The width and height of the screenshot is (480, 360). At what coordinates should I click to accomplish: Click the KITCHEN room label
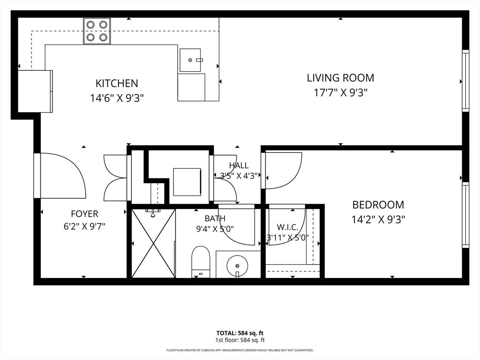(x=117, y=83)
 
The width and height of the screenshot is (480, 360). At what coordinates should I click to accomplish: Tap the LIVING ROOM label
(x=340, y=78)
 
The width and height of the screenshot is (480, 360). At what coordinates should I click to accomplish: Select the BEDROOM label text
(x=378, y=204)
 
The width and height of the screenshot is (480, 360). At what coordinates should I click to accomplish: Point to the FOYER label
(x=84, y=214)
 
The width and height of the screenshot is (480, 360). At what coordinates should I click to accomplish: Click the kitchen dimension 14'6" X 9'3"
(x=117, y=98)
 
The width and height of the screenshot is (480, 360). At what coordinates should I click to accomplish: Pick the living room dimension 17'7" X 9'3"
(x=340, y=92)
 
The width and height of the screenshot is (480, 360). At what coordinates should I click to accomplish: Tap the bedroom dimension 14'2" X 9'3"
(x=378, y=219)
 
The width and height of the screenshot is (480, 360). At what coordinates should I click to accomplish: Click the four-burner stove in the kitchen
(x=97, y=31)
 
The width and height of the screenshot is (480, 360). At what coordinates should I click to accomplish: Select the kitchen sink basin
(x=190, y=60)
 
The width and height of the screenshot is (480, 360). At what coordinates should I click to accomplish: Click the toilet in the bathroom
(x=201, y=262)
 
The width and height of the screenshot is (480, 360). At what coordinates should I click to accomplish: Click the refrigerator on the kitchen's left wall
(x=35, y=91)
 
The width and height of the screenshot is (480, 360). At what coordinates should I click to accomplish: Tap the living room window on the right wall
(x=465, y=81)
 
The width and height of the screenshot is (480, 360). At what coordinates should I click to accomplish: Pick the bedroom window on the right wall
(x=465, y=215)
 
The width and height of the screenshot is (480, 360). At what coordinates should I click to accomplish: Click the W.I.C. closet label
(x=287, y=227)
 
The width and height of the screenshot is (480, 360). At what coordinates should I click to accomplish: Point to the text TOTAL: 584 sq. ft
(x=240, y=333)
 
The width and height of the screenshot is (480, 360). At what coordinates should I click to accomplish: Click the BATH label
(x=215, y=218)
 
